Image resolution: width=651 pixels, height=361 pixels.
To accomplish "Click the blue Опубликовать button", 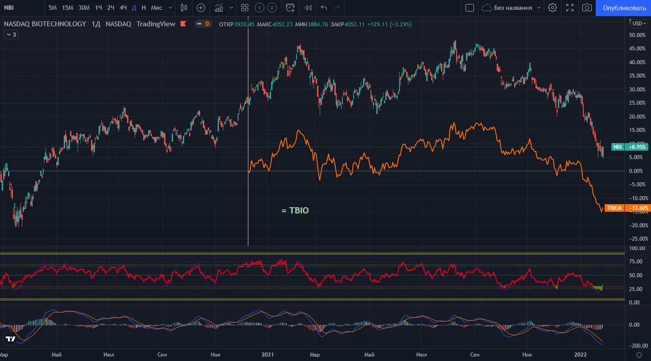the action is tap(624, 8).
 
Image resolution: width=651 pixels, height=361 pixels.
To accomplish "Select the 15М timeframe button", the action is tap(67, 8).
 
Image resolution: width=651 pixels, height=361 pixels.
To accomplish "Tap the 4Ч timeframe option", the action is tap(123, 8).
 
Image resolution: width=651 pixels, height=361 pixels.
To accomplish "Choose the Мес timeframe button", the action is tap(157, 8).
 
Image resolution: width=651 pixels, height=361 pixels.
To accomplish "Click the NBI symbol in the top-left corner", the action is tap(9, 8).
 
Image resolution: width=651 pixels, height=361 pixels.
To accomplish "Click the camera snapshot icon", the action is tap(587, 8).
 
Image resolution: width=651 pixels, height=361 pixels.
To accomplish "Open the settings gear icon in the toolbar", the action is tap(552, 8).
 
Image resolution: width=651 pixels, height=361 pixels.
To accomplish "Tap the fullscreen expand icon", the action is tap(570, 8).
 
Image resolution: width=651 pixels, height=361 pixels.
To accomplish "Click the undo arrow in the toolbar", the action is tap(324, 8).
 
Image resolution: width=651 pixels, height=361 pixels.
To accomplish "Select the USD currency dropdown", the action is tap(639, 24).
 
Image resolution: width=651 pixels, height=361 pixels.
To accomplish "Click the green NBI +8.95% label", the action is tap(630, 147).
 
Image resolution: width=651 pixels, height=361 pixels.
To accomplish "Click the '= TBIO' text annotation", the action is tap(295, 210).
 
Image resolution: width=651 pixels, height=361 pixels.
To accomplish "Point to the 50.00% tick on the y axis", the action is tap(637, 35).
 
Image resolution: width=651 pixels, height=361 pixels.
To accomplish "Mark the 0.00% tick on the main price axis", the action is tap(635, 171).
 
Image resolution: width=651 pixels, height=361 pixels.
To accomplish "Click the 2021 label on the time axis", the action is tap(268, 355).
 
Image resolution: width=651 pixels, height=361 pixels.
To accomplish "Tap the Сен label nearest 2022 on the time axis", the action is tap(474, 355).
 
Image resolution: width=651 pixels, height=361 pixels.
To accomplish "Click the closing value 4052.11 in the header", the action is tap(354, 25).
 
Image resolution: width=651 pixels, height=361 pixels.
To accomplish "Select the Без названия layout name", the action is tap(513, 8).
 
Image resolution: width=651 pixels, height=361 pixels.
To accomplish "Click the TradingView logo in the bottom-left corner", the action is tap(10, 339).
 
